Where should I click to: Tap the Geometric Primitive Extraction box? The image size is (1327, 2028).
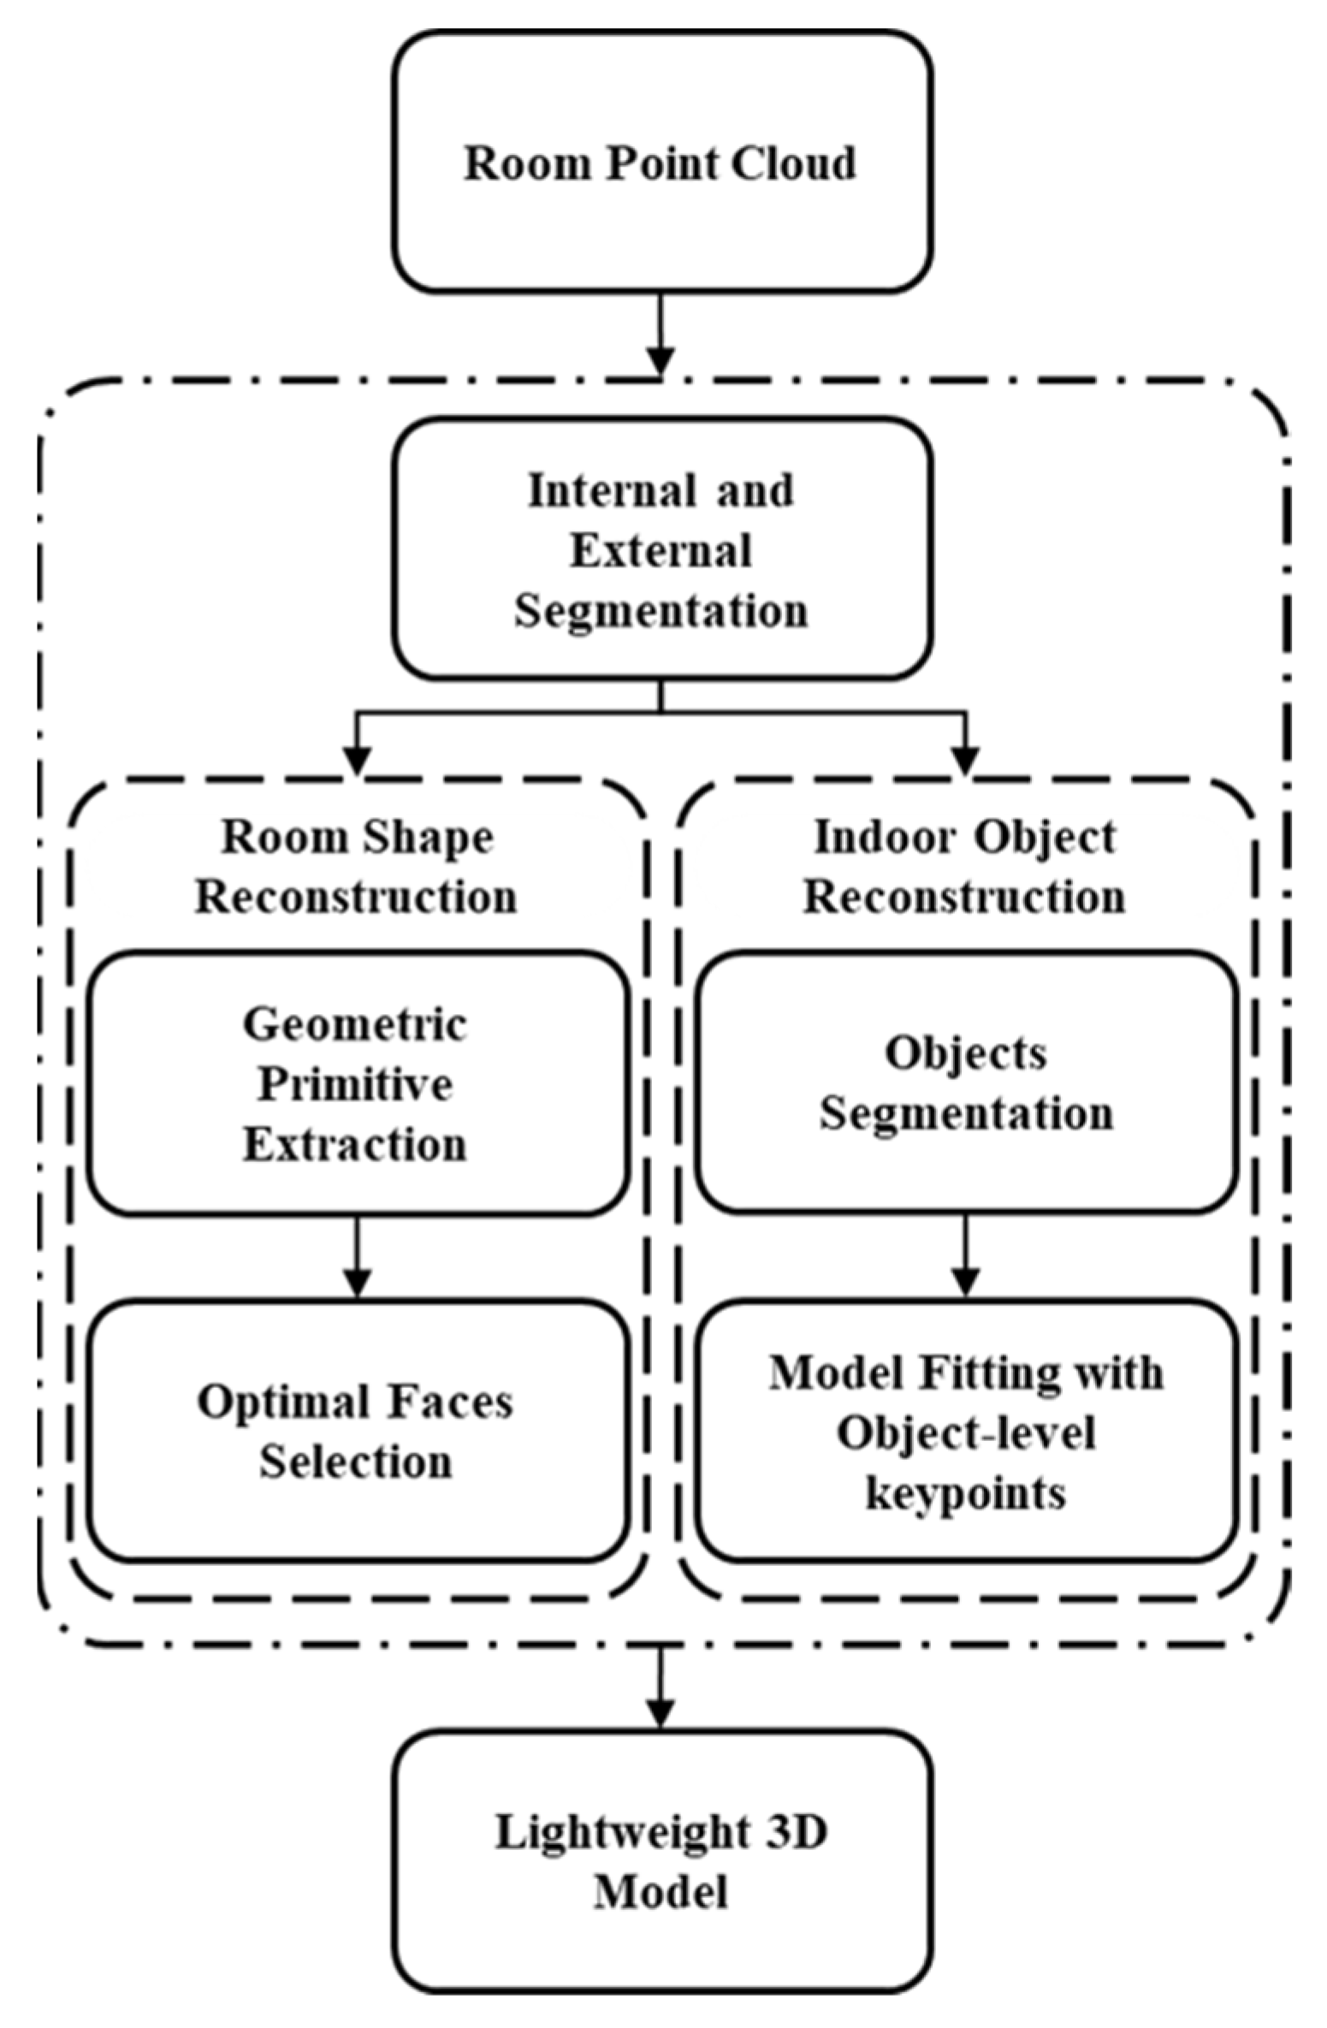click(x=357, y=1082)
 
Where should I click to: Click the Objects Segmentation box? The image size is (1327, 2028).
click(x=966, y=1082)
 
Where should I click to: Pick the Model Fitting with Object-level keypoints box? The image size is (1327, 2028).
click(x=966, y=1431)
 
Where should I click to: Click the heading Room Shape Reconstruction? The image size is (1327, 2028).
click(x=357, y=866)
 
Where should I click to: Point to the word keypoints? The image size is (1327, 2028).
click(x=966, y=1494)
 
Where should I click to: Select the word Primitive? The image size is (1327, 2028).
click(x=355, y=1084)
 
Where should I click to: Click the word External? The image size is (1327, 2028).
click(x=661, y=550)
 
